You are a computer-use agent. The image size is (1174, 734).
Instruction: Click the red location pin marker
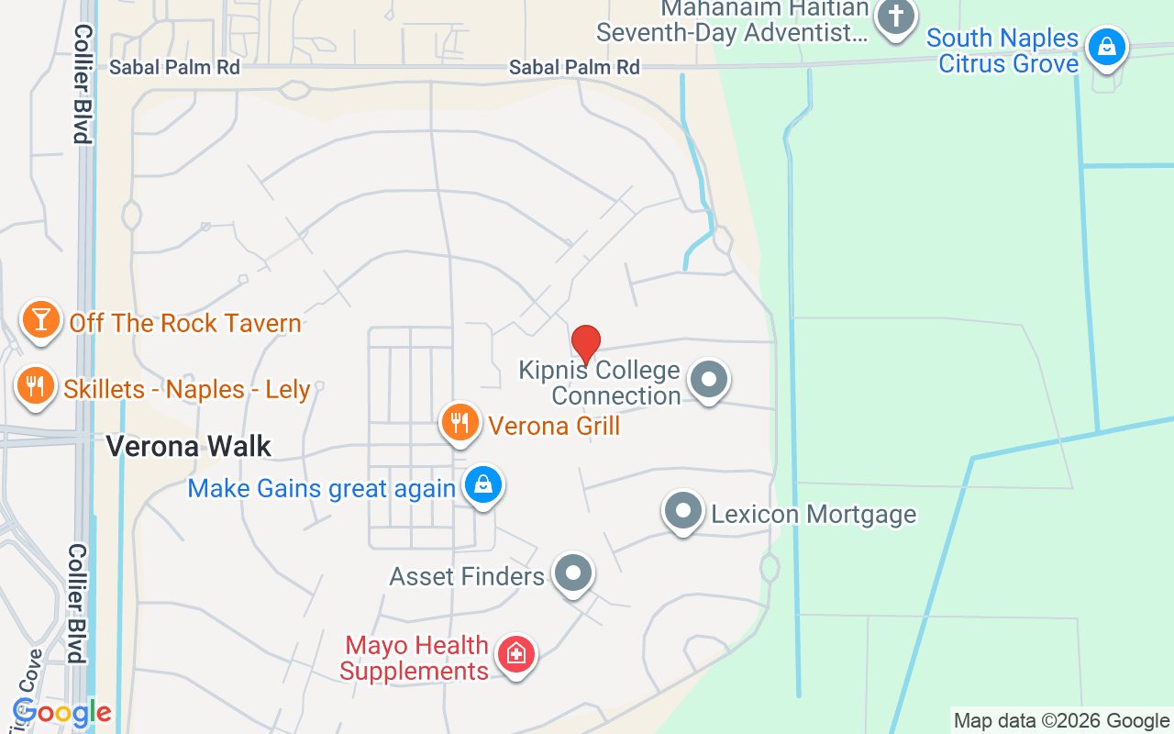pyautogui.click(x=586, y=344)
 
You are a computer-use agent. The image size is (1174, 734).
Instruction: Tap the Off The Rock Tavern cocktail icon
pyautogui.click(x=40, y=320)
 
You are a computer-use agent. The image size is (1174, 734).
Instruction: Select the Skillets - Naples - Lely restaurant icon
pyautogui.click(x=36, y=386)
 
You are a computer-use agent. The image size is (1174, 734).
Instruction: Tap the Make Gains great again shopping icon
pyautogui.click(x=483, y=484)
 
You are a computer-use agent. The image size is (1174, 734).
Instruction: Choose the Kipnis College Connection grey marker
pyautogui.click(x=708, y=380)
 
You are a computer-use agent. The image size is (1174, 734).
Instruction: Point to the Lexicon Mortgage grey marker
pyautogui.click(x=682, y=511)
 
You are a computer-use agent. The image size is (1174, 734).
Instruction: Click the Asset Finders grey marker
pyautogui.click(x=574, y=573)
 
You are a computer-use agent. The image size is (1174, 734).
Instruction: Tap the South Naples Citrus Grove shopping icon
pyautogui.click(x=1107, y=46)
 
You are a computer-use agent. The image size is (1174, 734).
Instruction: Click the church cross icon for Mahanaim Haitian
pyautogui.click(x=895, y=17)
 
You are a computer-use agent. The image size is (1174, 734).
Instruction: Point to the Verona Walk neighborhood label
pyautogui.click(x=189, y=447)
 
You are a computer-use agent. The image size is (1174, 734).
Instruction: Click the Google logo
pyautogui.click(x=61, y=713)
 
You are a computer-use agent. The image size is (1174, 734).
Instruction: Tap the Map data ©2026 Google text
pyautogui.click(x=1061, y=721)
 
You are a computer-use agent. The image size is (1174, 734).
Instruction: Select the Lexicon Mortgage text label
pyautogui.click(x=814, y=514)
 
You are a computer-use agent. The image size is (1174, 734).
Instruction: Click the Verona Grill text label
pyautogui.click(x=554, y=426)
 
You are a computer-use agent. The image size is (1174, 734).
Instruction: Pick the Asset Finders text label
pyautogui.click(x=467, y=576)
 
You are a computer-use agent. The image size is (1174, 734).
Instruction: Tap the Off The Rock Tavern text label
pyautogui.click(x=185, y=323)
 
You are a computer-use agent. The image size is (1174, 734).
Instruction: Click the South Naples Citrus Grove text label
pyautogui.click(x=1002, y=50)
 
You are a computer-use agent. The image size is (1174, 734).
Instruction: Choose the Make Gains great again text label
pyautogui.click(x=321, y=488)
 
